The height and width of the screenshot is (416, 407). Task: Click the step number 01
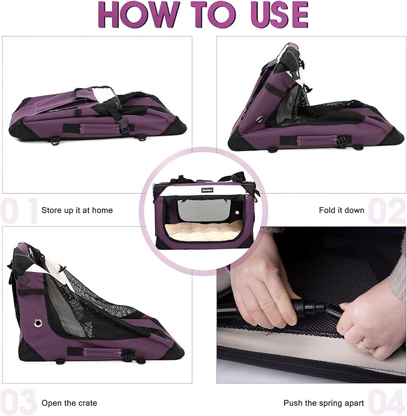tap(18, 210)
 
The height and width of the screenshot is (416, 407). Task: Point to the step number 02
tap(387, 210)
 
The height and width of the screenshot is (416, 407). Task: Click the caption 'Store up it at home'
tap(77, 210)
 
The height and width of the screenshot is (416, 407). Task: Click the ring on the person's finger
tap(364, 345)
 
